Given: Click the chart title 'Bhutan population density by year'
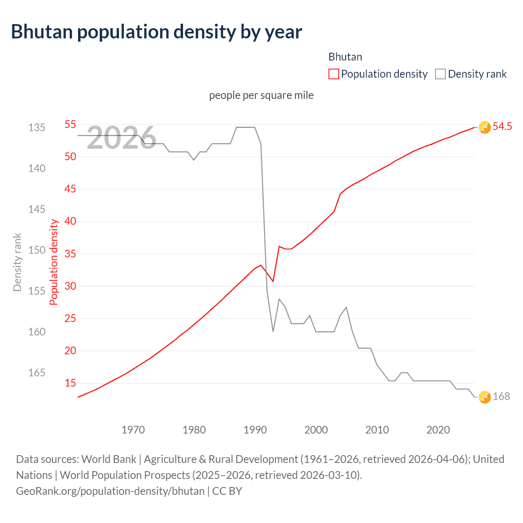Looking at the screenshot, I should click(156, 32).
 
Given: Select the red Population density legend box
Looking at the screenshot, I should click(333, 74).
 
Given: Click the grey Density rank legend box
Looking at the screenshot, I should click(440, 74).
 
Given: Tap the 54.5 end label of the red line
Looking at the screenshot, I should click(502, 127).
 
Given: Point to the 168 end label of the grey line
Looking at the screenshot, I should click(501, 397).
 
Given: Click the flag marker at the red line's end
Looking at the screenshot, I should click(485, 127).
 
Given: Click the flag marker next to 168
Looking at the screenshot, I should click(485, 397).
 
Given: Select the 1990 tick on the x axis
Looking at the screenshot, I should click(255, 430).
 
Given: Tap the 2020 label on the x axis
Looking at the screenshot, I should click(438, 430).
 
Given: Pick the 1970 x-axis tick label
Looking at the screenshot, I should click(133, 430).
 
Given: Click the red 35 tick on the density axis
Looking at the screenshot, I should click(70, 254).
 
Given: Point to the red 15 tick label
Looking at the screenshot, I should click(70, 383).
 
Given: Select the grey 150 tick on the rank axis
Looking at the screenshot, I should click(37, 250).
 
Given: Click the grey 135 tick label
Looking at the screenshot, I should click(37, 127).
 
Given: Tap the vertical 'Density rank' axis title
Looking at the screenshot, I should click(17, 262).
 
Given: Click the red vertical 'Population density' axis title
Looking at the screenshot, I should click(54, 262).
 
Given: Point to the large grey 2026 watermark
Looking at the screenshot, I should click(121, 138).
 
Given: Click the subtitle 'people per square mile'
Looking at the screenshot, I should click(261, 95).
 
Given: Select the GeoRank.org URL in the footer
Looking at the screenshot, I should click(110, 491).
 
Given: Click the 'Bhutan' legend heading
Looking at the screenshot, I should click(345, 57).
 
